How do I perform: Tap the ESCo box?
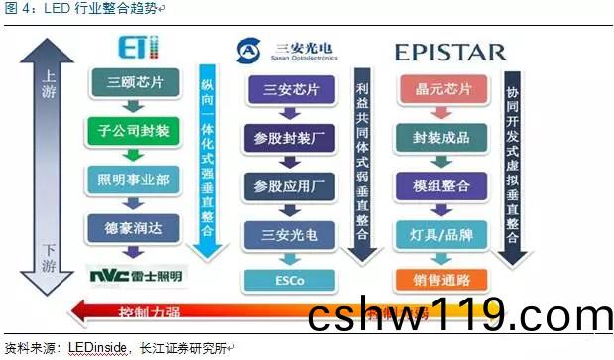[x=292, y=280]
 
